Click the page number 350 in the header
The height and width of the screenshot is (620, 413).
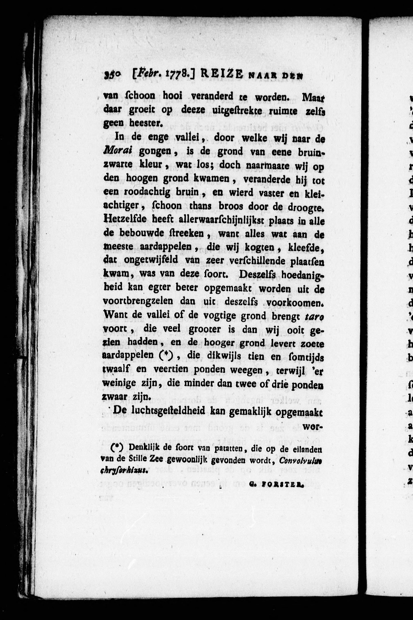112,76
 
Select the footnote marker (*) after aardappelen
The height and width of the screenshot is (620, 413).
166,356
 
